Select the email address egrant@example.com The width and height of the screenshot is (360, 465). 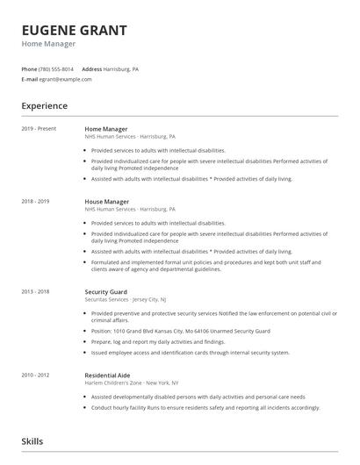[65, 79]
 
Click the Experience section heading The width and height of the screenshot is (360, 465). [44, 106]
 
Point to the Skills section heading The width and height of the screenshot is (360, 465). [32, 441]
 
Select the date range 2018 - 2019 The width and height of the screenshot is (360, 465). [35, 202]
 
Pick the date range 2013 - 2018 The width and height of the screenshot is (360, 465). [35, 291]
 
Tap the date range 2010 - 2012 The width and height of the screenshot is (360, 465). [35, 375]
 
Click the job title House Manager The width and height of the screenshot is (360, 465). [106, 202]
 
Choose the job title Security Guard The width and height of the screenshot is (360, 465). [106, 291]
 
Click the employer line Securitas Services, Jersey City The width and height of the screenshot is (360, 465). [128, 298]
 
